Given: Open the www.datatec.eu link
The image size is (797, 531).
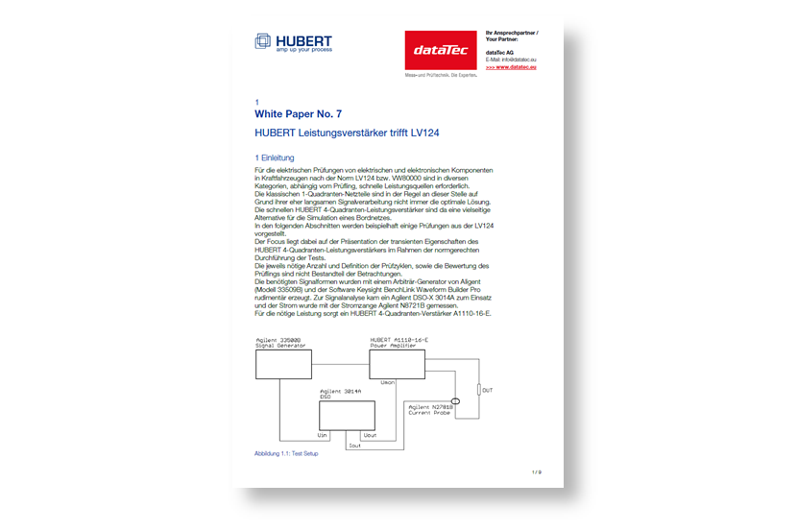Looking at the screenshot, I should click(x=511, y=67).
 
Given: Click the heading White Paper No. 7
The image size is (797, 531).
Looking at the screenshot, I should click(x=298, y=113).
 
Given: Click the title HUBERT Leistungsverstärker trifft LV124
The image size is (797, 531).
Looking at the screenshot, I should click(x=347, y=133).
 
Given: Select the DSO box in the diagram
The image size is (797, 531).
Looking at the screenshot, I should click(x=347, y=415).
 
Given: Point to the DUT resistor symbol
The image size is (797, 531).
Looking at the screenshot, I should click(x=478, y=391).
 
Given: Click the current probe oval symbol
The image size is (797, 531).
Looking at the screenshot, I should click(x=456, y=401).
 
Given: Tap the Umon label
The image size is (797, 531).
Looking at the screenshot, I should click(x=388, y=382).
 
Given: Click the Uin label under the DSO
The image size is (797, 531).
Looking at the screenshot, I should click(x=323, y=434).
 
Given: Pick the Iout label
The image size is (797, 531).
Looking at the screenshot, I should click(x=355, y=445).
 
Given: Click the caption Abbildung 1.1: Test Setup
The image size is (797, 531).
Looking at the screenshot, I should click(x=286, y=453).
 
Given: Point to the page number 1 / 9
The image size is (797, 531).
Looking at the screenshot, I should click(x=536, y=472).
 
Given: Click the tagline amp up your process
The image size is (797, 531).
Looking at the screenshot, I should click(x=304, y=49).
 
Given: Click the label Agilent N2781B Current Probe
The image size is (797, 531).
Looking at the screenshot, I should click(x=431, y=410).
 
